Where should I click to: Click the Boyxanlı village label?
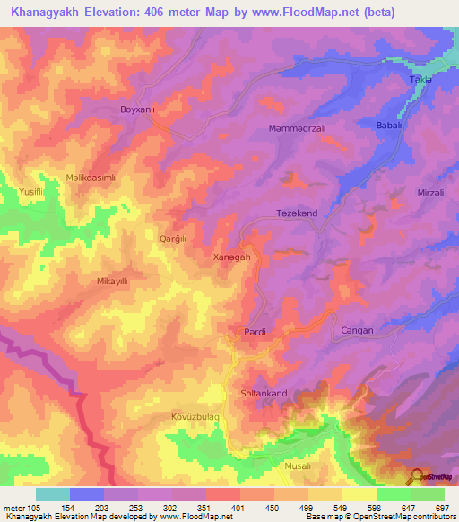click(x=138, y=109)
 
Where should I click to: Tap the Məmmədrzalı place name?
click(x=295, y=128)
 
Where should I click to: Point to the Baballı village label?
click(x=389, y=126)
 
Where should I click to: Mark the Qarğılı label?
click(x=172, y=239)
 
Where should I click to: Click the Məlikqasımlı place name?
click(x=91, y=178)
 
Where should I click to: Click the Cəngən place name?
click(x=357, y=331)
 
